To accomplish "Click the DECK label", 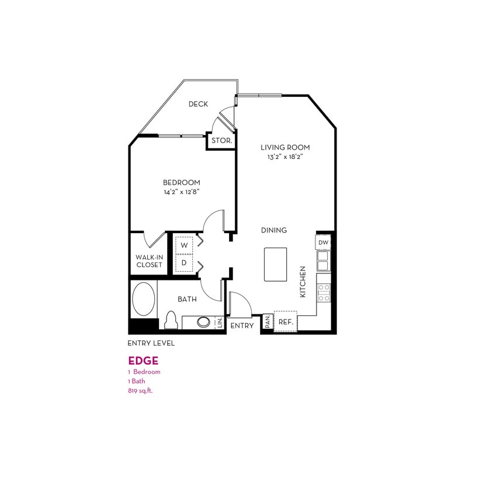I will click(198, 105).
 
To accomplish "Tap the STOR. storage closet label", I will click(222, 141).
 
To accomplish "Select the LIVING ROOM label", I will click(285, 147).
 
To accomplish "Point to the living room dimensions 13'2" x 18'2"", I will click(285, 157).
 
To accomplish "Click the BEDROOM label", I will click(182, 182).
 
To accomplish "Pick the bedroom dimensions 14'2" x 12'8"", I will click(182, 192).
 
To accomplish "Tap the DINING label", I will click(274, 230).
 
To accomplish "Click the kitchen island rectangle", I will click(276, 263).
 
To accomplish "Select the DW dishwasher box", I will click(324, 242).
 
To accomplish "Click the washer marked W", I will click(184, 245).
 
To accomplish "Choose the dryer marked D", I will click(184, 263).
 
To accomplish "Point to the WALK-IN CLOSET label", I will click(149, 261).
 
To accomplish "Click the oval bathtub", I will click(144, 299).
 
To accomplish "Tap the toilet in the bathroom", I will click(171, 320).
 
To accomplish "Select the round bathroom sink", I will click(204, 322).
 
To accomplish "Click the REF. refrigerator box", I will click(286, 322).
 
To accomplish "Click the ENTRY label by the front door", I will click(242, 325).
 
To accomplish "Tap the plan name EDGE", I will click(143, 360).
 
